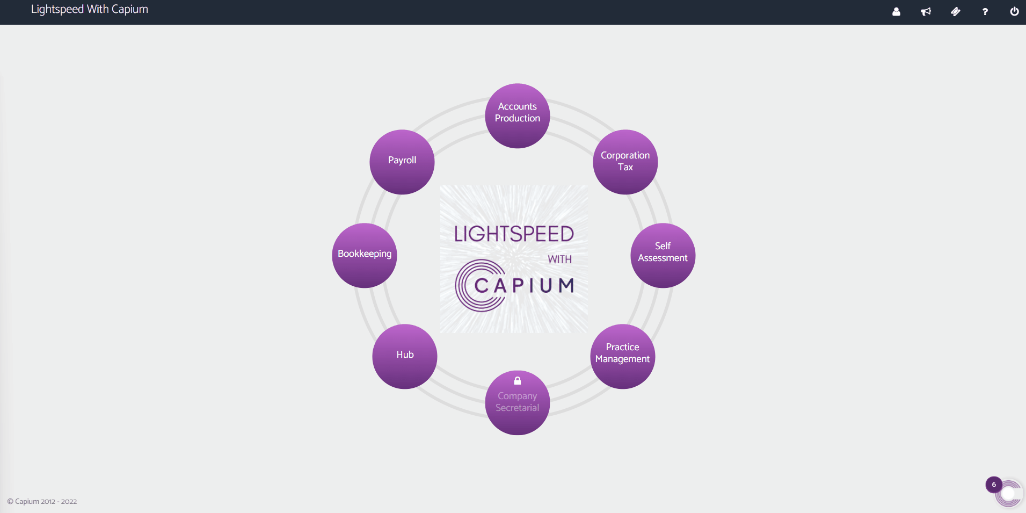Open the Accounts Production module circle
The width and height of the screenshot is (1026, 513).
coord(517,115)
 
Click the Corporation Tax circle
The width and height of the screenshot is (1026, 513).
coord(625,162)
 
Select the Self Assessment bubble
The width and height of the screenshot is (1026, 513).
coord(663,255)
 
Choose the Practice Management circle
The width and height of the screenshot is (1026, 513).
coord(622,356)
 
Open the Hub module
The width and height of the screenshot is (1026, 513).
coord(404,356)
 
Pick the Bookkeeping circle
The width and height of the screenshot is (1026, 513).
coord(365,255)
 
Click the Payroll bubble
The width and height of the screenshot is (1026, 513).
coord(402,162)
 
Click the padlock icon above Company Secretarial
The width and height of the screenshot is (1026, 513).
coord(517,381)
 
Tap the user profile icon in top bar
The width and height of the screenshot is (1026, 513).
coord(896,12)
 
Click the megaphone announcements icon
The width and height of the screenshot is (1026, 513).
coord(926,12)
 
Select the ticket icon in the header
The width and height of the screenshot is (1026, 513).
coord(955,12)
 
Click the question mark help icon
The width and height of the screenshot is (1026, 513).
coord(985,12)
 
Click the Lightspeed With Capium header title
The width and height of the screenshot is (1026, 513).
coord(90,10)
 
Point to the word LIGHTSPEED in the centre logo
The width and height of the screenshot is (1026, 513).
coord(514,234)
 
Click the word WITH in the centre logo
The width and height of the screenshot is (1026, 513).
coord(559,259)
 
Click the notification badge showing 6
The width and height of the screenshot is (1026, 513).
coord(994,485)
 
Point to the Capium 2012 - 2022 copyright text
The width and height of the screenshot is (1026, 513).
coord(42,502)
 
